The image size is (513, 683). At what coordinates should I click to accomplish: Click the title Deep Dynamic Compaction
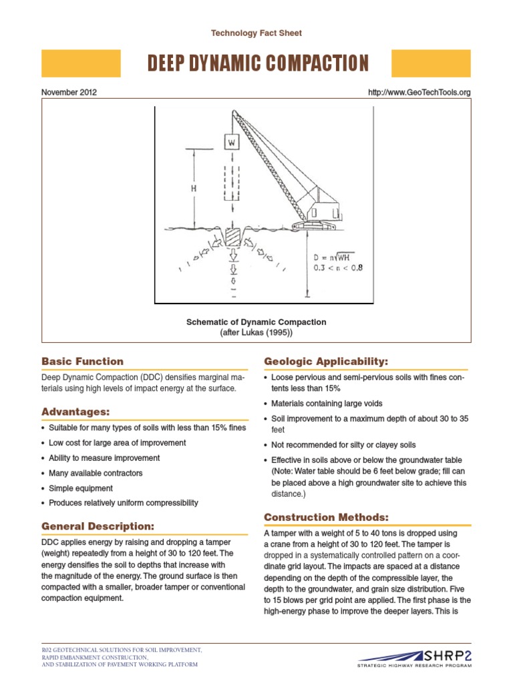pyautogui.click(x=257, y=63)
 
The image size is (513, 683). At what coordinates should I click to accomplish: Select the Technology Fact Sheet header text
pyautogui.click(x=256, y=33)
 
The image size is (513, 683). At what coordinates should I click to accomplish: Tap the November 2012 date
pyautogui.click(x=69, y=93)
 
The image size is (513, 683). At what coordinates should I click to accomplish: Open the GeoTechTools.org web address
pyautogui.click(x=419, y=93)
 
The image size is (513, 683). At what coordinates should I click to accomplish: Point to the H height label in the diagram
pyautogui.click(x=194, y=189)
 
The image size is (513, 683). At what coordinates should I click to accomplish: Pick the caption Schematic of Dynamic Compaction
pyautogui.click(x=256, y=322)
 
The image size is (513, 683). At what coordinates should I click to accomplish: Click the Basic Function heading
pyautogui.click(x=82, y=362)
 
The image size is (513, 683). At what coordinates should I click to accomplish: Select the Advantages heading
pyautogui.click(x=75, y=411)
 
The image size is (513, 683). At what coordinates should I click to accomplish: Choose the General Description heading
pyautogui.click(x=98, y=526)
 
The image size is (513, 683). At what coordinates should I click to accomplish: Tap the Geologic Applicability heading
pyautogui.click(x=326, y=362)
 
